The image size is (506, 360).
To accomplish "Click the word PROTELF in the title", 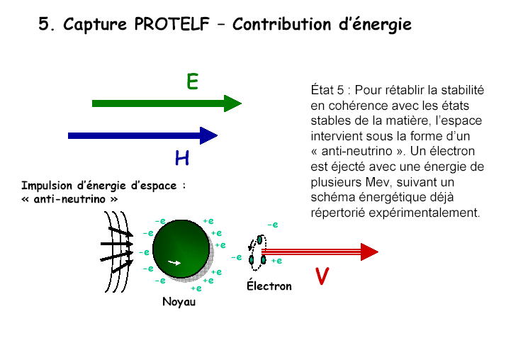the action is click(172, 24).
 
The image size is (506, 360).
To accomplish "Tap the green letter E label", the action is click(192, 81).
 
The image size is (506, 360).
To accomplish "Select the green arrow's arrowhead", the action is click(232, 103).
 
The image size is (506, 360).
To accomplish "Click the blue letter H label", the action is click(182, 158).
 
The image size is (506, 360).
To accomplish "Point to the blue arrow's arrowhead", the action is click(208, 135).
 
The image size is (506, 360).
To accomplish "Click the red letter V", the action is click(322, 276).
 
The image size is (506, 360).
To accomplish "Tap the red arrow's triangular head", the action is click(369, 252).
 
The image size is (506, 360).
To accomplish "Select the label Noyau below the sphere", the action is click(179, 302).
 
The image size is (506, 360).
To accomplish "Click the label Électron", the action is click(269, 286).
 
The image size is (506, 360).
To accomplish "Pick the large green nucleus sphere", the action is click(181, 249).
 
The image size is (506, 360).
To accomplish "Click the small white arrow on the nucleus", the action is click(174, 263).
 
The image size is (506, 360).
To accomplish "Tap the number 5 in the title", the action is click(44, 24).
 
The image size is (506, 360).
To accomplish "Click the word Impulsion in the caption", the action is click(47, 186).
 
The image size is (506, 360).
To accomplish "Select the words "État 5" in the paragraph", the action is click(327, 90).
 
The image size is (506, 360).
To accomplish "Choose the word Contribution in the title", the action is click(282, 24).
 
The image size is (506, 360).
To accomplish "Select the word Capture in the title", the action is click(95, 25).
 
